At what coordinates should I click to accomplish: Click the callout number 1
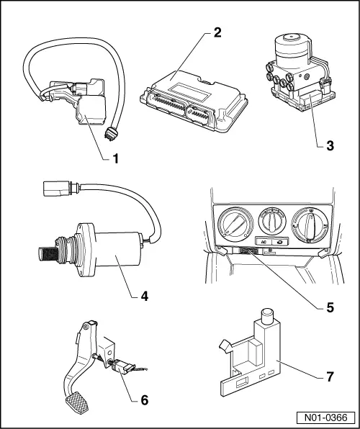pyautogui.click(x=116, y=158)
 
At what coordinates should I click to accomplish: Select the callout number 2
pyautogui.click(x=217, y=32)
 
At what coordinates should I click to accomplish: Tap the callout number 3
pyautogui.click(x=330, y=146)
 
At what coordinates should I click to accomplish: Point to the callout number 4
pyautogui.click(x=144, y=296)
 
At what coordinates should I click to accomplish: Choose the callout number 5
pyautogui.click(x=330, y=308)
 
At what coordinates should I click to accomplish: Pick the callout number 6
pyautogui.click(x=144, y=400)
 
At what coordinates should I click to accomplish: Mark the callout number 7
pyautogui.click(x=330, y=376)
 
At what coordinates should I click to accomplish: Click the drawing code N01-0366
pyautogui.click(x=325, y=417)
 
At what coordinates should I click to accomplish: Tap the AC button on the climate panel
pyautogui.click(x=264, y=242)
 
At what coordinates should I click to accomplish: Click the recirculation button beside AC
pyautogui.click(x=280, y=242)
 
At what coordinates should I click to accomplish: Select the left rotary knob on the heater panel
pyautogui.click(x=235, y=225)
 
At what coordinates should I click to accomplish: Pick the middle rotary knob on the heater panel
pyautogui.click(x=272, y=220)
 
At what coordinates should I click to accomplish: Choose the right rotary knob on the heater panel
pyautogui.click(x=310, y=225)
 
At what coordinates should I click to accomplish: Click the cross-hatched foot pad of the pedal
pyautogui.click(x=77, y=402)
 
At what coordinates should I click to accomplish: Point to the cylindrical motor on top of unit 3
pyautogui.click(x=293, y=48)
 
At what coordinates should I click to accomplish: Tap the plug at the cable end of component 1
pyautogui.click(x=111, y=133)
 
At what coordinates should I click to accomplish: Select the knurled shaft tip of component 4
pyautogui.click(x=48, y=253)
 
